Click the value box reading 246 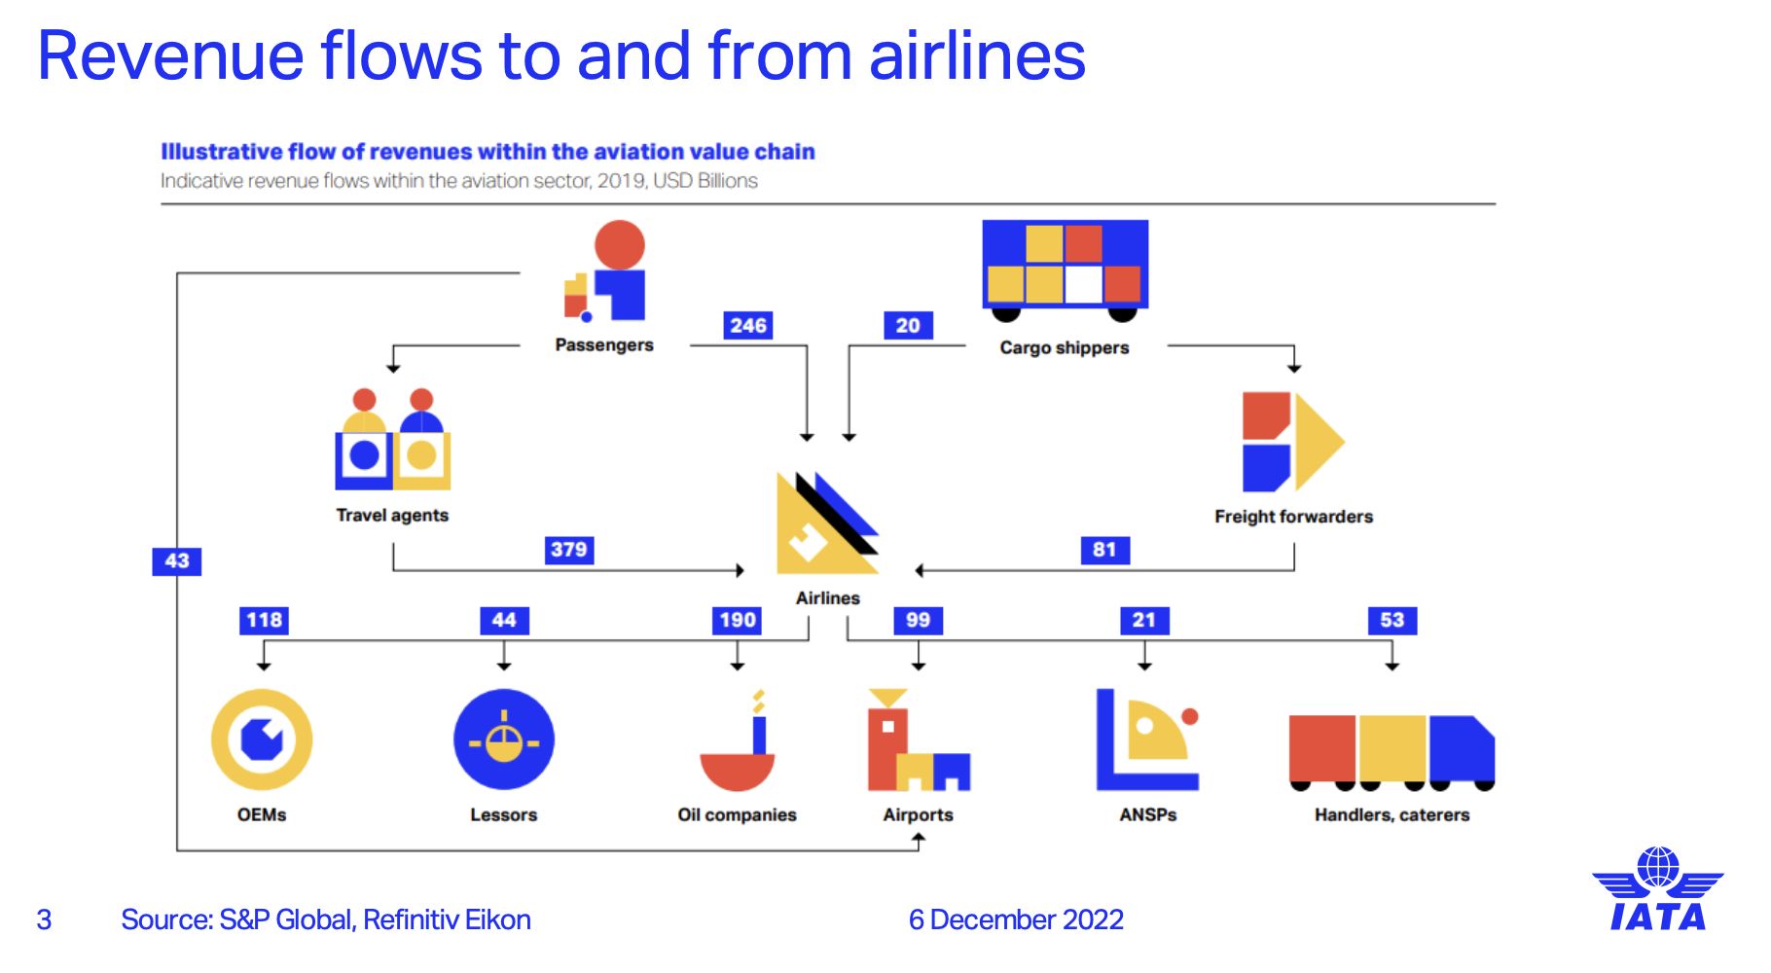point(747,325)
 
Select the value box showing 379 point(568,550)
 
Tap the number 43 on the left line point(177,561)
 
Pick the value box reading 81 point(1104,550)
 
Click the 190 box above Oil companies point(737,621)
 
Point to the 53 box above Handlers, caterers point(1391,621)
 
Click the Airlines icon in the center point(825,524)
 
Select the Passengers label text point(603,345)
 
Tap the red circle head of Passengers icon point(619,245)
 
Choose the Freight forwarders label point(1293,517)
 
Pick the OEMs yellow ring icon point(262,739)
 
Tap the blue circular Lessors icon point(503,739)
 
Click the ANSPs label point(1147,815)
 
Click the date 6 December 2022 point(1016,919)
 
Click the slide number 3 point(44,919)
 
